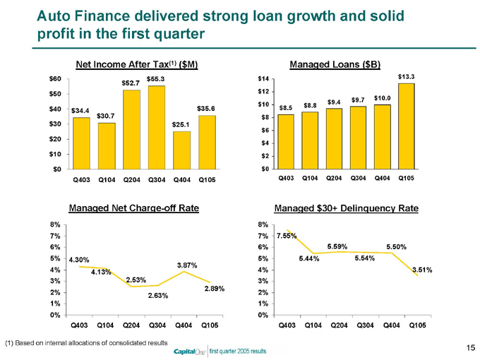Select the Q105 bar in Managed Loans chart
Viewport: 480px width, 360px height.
(406, 126)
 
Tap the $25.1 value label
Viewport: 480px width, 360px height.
(181, 124)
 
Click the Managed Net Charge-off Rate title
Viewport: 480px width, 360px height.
(133, 208)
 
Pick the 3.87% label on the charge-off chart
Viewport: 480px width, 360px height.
(186, 264)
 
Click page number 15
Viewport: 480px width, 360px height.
(469, 347)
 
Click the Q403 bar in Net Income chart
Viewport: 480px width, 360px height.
(81, 143)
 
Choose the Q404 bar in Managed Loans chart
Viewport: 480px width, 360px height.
(382, 136)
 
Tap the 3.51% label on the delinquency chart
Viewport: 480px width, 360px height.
(421, 270)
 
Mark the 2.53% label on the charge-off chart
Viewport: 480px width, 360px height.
(136, 280)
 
